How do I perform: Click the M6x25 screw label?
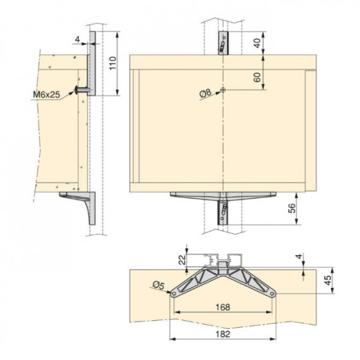coord(46,94)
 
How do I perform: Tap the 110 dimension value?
coord(112,63)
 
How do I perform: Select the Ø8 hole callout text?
coord(205,93)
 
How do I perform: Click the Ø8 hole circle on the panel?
coord(223,90)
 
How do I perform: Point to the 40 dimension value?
coord(258,43)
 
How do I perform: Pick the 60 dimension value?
coord(258,77)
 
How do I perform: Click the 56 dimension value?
coord(292,208)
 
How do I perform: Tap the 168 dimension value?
coord(223,307)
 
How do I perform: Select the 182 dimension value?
coord(223,334)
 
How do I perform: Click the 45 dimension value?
coord(328,280)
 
